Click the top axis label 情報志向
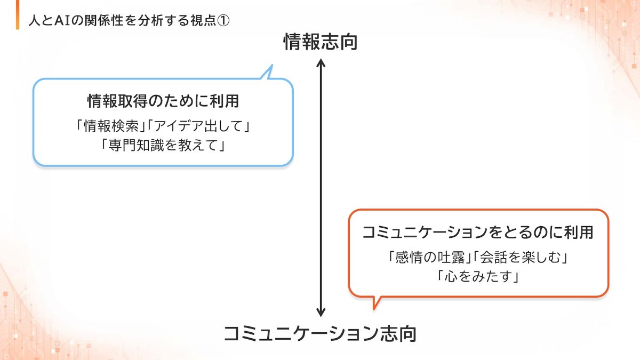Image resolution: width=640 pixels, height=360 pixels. [320, 42]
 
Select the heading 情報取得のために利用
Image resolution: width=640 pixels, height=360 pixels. [163, 100]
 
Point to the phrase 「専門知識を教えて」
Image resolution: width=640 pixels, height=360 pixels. [163, 145]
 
